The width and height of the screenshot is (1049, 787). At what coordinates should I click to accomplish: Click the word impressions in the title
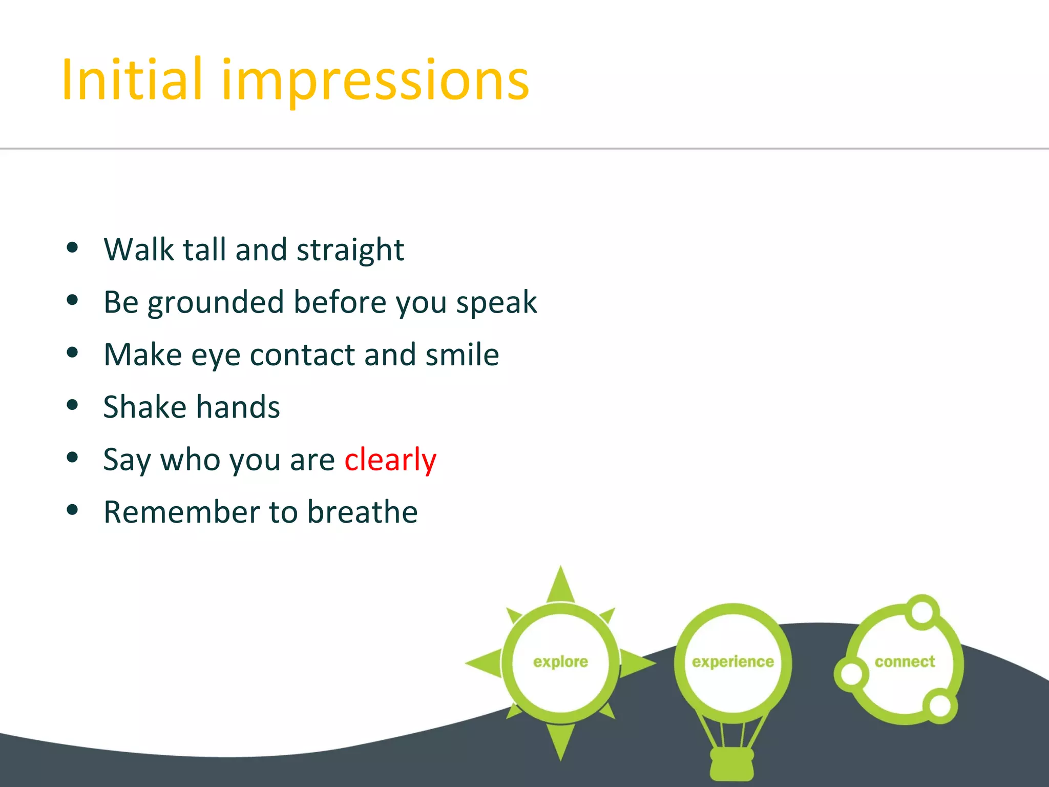tap(375, 82)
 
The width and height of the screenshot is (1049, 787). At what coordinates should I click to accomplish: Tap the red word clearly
tap(390, 460)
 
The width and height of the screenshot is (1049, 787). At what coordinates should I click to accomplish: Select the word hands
tap(238, 407)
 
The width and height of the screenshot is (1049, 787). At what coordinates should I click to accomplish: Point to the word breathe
tap(363, 512)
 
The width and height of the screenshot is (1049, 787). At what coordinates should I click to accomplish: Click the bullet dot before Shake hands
tap(72, 405)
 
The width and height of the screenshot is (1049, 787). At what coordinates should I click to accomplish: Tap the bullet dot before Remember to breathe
tap(72, 510)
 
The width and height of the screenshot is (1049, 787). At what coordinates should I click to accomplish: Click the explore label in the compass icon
tap(560, 662)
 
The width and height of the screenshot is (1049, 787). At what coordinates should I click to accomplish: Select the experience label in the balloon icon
tap(732, 662)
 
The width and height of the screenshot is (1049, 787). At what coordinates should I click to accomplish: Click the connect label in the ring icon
tap(905, 662)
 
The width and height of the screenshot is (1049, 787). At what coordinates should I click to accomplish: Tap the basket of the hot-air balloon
tap(732, 764)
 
